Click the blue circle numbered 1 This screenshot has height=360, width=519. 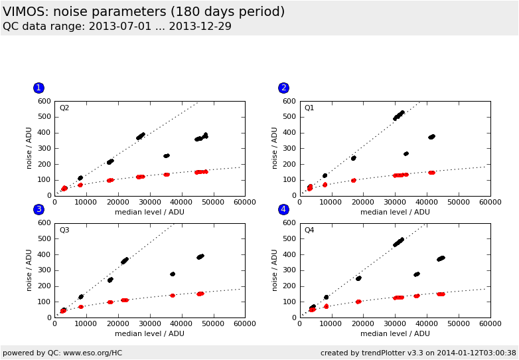tap(38, 88)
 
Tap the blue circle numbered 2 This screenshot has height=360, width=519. tap(283, 88)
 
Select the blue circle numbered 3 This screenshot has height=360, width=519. tap(38, 209)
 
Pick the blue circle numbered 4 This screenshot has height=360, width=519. tap(283, 209)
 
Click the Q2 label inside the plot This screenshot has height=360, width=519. tap(64, 108)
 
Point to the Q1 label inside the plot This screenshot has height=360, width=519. tap(309, 108)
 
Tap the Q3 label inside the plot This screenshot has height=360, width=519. tap(64, 230)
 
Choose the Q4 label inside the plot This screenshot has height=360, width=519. tap(309, 230)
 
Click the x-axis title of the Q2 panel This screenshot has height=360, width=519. tap(149, 213)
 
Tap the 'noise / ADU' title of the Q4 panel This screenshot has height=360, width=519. tap(275, 270)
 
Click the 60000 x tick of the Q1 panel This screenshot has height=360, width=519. tap(490, 203)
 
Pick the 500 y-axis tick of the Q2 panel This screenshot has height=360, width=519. tap(44, 117)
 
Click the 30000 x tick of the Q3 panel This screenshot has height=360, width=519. tap(149, 324)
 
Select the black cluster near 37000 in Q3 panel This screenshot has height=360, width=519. tap(173, 274)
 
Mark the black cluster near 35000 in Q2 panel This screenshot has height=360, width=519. tap(167, 156)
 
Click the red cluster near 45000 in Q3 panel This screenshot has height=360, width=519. tap(200, 294)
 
